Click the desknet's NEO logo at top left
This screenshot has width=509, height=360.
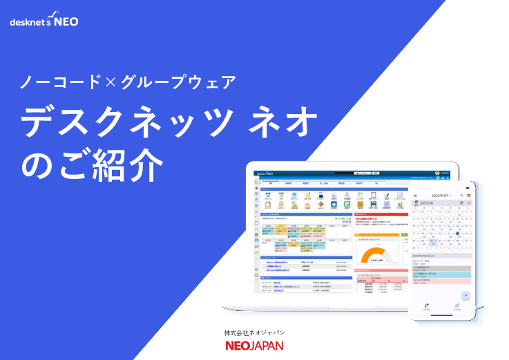click(x=44, y=21)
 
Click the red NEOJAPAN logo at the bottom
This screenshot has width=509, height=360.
click(x=254, y=345)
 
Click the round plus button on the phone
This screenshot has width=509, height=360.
click(x=466, y=296)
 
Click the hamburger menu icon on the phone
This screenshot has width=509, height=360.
click(x=415, y=196)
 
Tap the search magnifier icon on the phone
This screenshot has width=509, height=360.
click(x=461, y=196)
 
